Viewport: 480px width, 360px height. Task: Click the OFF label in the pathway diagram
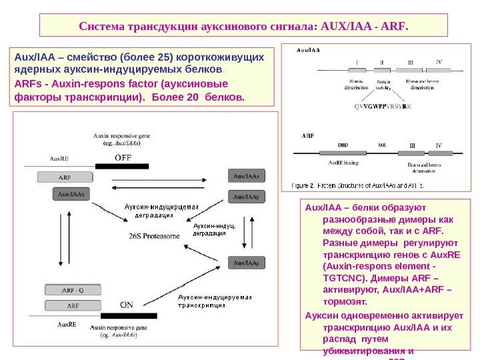tap(123, 158)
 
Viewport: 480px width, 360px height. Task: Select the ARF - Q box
tap(73, 290)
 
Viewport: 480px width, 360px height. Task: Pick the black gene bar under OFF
tap(122, 166)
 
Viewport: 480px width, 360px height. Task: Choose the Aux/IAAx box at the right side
tap(246, 176)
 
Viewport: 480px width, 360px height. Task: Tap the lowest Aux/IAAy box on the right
tap(246, 263)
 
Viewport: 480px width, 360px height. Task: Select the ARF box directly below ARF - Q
tap(73, 305)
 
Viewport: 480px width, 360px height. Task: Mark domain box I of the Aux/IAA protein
tap(357, 70)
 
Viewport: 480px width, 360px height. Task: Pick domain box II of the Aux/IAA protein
tap(382, 70)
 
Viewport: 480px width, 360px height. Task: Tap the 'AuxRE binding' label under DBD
tap(344, 162)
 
